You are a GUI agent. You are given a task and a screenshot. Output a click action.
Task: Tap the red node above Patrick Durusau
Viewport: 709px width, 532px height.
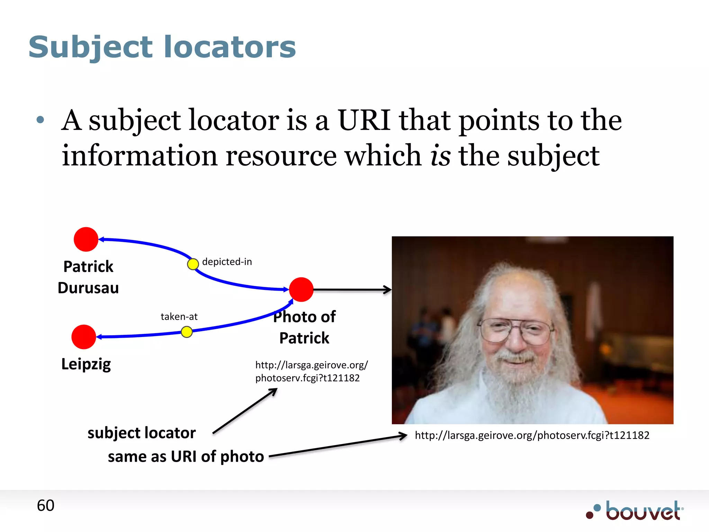click(x=86, y=239)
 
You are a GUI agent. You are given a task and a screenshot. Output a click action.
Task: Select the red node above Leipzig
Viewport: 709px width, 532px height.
click(x=83, y=337)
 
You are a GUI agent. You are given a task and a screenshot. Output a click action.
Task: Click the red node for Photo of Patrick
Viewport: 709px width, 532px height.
click(x=301, y=290)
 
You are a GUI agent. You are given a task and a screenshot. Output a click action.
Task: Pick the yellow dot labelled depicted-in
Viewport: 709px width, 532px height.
click(x=193, y=264)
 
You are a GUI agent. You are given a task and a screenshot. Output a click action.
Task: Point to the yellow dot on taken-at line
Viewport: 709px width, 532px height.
click(x=187, y=332)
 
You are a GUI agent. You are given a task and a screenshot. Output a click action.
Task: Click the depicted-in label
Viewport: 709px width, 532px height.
click(x=227, y=261)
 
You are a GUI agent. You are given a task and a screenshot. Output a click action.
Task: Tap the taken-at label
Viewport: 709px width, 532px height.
click(x=179, y=317)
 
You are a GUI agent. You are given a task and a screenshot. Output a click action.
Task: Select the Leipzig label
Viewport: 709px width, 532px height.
click(x=86, y=364)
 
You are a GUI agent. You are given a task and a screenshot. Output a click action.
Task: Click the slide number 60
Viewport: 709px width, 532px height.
click(x=45, y=505)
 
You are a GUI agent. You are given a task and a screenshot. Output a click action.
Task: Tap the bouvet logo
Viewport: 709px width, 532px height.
click(x=635, y=511)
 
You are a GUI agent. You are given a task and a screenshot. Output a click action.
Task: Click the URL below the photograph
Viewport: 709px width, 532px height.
click(x=532, y=435)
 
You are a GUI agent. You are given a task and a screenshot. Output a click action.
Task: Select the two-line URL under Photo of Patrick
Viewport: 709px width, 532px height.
click(x=311, y=371)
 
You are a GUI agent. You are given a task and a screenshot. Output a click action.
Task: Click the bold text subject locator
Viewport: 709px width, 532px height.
click(x=142, y=433)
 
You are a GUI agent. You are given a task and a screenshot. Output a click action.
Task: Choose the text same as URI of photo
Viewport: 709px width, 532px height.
click(x=186, y=456)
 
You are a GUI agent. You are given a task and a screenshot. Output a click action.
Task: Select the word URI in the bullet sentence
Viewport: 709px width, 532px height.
click(x=364, y=120)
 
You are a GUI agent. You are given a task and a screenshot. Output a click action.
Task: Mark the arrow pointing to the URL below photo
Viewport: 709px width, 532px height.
click(x=338, y=446)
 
